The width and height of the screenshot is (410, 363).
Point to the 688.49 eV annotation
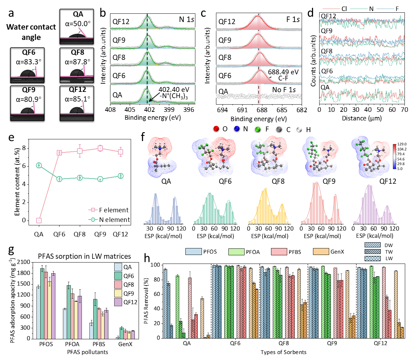[x=284, y=73]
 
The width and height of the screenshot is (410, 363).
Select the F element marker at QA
[x=39, y=220]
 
